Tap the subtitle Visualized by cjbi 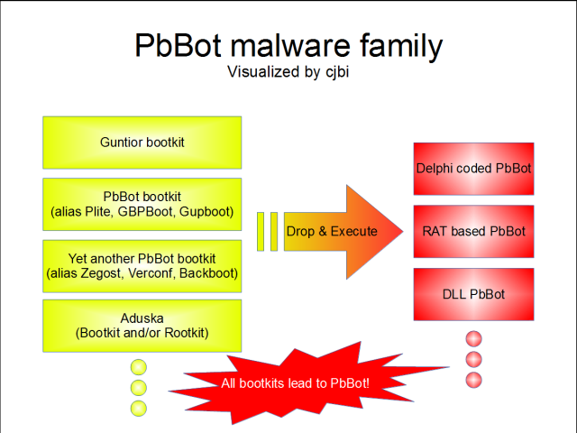point(288,71)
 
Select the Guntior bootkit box point(142,142)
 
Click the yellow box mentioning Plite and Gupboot point(142,204)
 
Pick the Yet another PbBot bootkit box point(142,265)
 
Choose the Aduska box point(142,326)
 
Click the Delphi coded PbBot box point(474,169)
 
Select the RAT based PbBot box point(474,231)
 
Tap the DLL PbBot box point(474,294)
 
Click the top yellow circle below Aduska point(139,367)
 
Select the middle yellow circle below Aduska point(139,388)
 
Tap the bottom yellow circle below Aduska point(139,409)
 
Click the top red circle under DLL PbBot point(474,339)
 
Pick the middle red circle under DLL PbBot point(474,360)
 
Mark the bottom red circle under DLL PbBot point(474,380)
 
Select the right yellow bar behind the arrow point(273,232)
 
